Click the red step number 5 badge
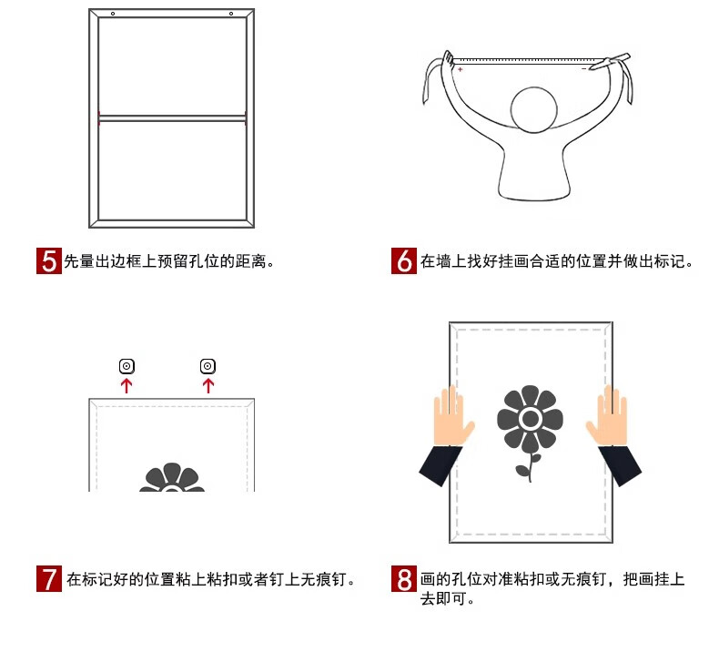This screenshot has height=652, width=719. coord(49,261)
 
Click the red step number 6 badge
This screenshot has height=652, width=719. coord(404,261)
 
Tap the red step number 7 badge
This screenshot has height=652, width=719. coord(49,578)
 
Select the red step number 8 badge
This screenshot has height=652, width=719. coord(404,578)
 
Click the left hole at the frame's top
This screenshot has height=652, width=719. coord(113,14)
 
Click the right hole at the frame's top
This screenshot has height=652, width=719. coord(231,14)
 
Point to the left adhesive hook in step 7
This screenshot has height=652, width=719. coord(127,366)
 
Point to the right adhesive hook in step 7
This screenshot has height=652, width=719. coord(208,366)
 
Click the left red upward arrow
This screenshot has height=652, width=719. coord(127,385)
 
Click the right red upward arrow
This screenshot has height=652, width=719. coord(208,385)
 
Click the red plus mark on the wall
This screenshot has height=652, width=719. coord(460,69)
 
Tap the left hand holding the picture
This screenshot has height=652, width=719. coord(451,417)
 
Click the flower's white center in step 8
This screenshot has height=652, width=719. coord(530,419)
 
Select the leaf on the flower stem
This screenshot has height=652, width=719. coord(522,470)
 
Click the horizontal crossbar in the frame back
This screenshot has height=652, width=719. coord(172,118)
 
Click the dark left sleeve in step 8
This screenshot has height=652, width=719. coord(441,464)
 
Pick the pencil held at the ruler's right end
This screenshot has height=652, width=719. coord(610,62)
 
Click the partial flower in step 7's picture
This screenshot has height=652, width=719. coord(172,477)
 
